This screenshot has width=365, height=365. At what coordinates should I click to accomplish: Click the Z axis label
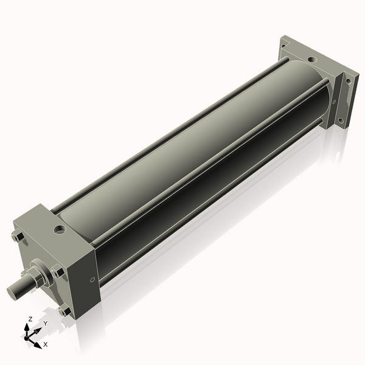(30, 319)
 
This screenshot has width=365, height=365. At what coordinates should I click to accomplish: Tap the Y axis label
(46, 323)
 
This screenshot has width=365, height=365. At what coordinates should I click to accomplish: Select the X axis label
(46, 344)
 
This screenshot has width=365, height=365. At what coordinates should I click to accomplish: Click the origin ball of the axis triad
(26, 338)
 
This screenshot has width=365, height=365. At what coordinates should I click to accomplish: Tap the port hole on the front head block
(60, 230)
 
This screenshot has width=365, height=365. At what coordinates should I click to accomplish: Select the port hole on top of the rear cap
(313, 60)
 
